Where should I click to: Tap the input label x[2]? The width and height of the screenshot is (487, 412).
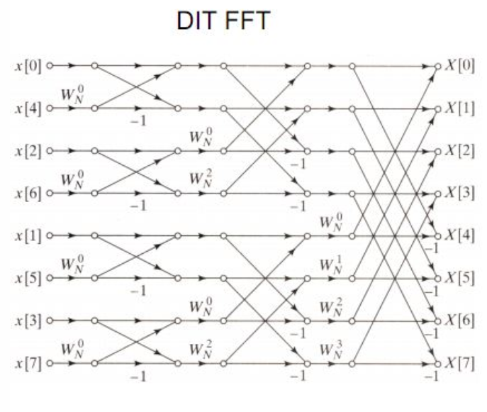28,151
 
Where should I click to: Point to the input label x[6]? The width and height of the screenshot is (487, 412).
28,193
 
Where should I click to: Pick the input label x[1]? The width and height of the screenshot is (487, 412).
28,235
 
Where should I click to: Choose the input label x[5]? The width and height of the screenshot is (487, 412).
28,278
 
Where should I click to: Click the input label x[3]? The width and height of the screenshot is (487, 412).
28,321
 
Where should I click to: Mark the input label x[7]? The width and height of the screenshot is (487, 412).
28,363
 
